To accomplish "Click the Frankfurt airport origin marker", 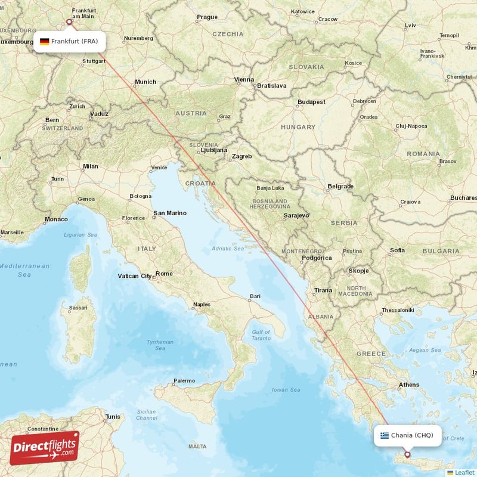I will tap(69, 22).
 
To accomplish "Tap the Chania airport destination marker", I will tap(407, 454).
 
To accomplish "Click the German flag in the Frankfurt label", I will tap(45, 42).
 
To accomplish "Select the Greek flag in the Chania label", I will tap(385, 435).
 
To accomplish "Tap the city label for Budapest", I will tap(312, 102).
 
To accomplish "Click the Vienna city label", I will tap(244, 79).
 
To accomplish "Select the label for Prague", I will tap(207, 17).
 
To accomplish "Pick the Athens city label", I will tap(409, 385).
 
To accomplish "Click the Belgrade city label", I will tap(340, 187).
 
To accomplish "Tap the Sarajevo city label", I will tap(296, 215).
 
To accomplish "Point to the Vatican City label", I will tap(135, 276).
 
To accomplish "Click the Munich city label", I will tap(145, 82).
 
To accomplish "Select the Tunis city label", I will tap(113, 417).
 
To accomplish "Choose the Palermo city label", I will tap(184, 380).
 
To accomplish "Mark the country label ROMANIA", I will tap(423, 154).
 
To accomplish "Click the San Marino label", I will tap(170, 213).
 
